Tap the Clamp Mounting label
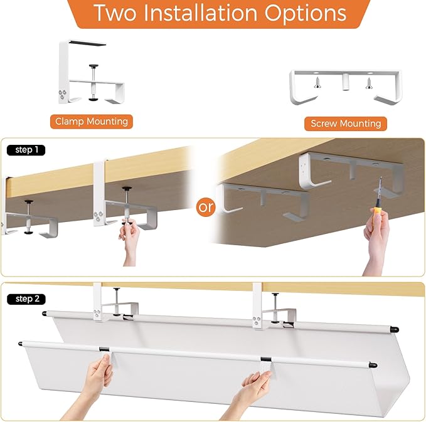pyautogui.click(x=92, y=121)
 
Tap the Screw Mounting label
pyautogui.click(x=346, y=124)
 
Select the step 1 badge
pyautogui.click(x=26, y=150)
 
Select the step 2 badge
pyautogui.click(x=26, y=298)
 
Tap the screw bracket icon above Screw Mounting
pyautogui.click(x=345, y=87)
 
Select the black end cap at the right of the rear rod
pyautogui.click(x=393, y=328)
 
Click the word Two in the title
pyautogui.click(x=115, y=13)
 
